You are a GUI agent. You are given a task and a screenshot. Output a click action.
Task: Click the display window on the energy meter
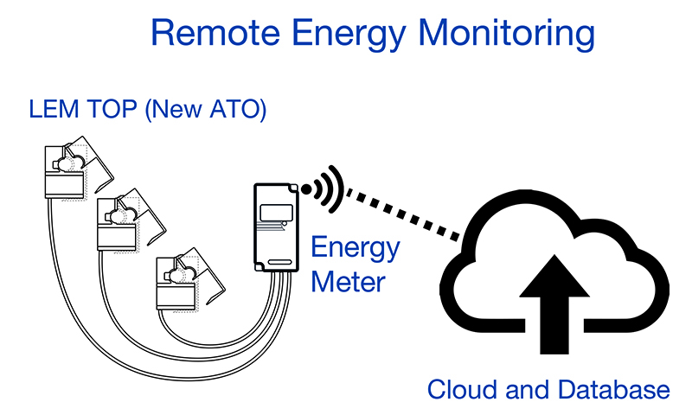275,211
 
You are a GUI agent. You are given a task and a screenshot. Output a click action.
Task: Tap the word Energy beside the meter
356,249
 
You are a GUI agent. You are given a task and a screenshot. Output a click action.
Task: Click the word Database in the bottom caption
613,390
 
